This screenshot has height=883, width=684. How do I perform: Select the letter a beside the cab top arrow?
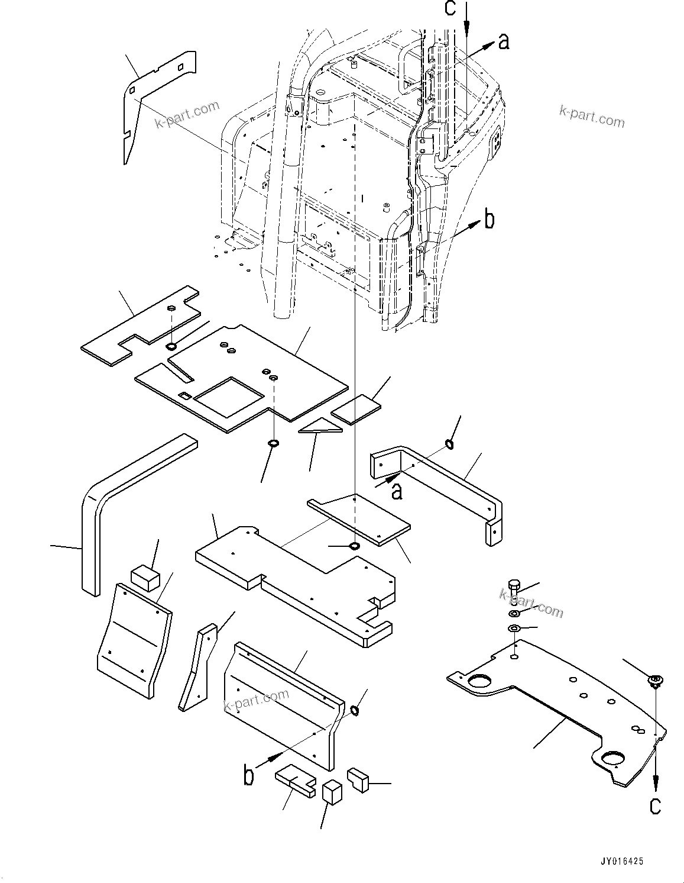coord(503,41)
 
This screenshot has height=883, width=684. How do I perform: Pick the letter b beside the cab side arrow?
coord(489,220)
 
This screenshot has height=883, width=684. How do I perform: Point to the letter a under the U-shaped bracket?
coord(397,491)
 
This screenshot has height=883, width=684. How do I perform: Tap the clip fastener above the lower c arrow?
coord(655,681)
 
